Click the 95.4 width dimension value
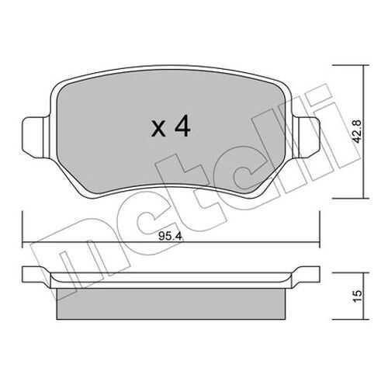(x=171, y=236)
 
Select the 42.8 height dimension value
(x=357, y=131)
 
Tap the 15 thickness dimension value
(x=357, y=296)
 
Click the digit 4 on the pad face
(x=182, y=126)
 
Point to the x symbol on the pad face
(x=158, y=130)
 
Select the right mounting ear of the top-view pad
(x=307, y=137)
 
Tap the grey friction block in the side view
(x=171, y=303)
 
